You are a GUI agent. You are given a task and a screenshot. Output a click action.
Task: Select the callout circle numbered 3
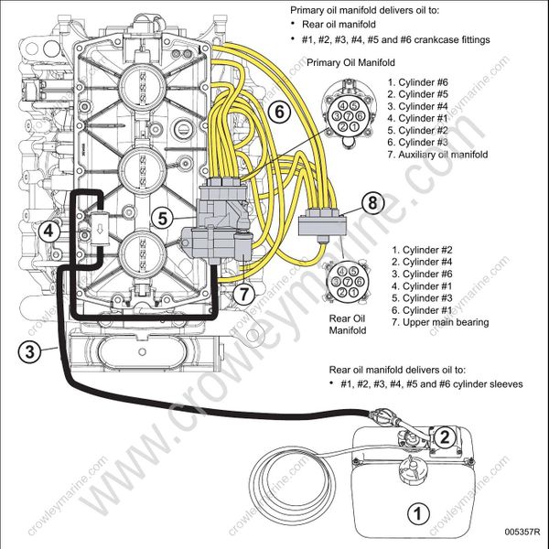click(x=31, y=350)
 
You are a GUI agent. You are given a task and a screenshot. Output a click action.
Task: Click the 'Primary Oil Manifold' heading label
click(x=351, y=63)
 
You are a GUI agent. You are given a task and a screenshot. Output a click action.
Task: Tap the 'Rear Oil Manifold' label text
click(x=348, y=324)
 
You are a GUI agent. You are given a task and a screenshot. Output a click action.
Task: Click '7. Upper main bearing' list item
click(x=439, y=322)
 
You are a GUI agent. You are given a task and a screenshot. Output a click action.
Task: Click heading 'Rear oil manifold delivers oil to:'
click(x=405, y=369)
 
